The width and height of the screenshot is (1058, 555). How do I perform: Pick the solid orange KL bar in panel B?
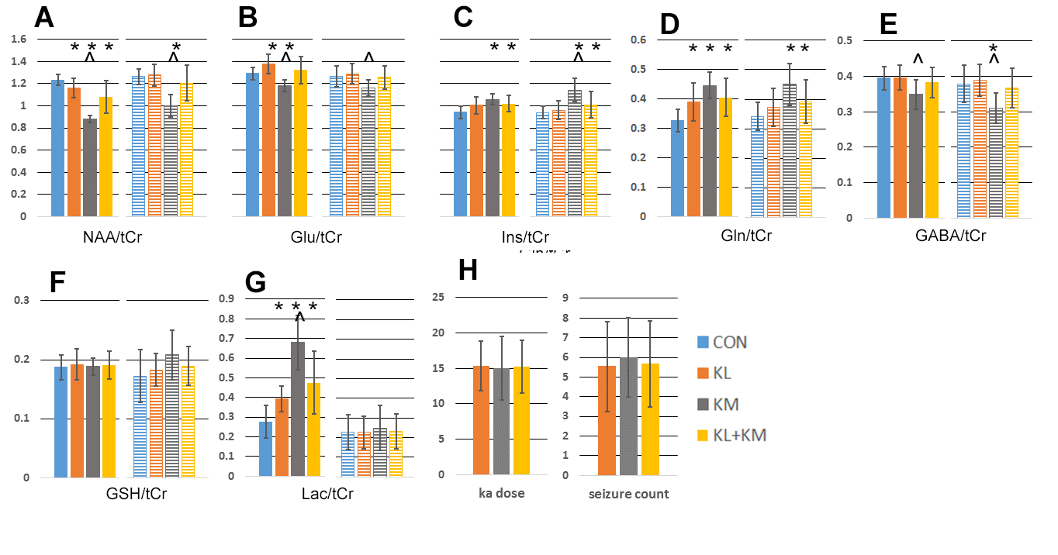pyautogui.click(x=268, y=140)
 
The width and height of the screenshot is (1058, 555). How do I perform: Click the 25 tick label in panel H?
pyautogui.click(x=437, y=298)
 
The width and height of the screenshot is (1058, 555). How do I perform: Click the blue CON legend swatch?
pyautogui.click(x=703, y=342)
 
